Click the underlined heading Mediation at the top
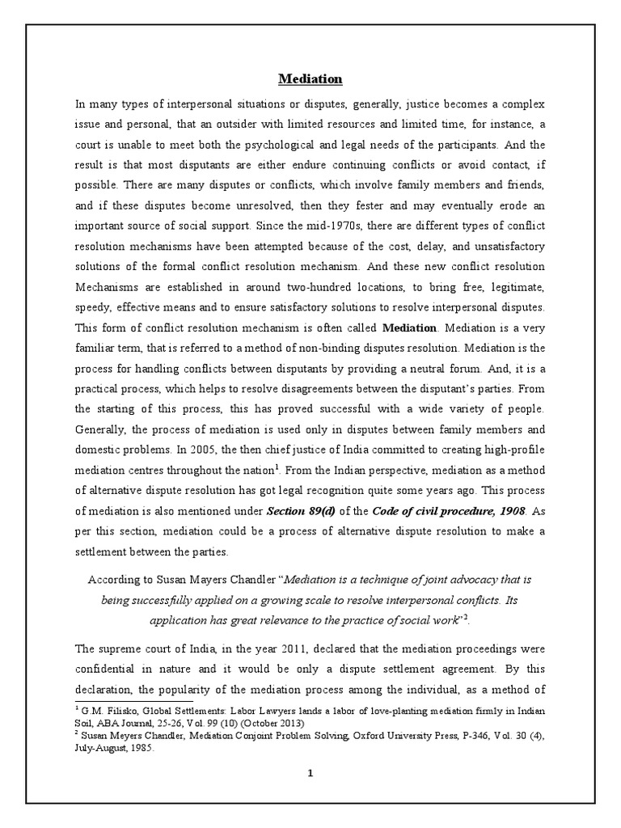[310, 78]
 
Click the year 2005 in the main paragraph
[220, 450]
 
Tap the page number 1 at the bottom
[310, 773]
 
